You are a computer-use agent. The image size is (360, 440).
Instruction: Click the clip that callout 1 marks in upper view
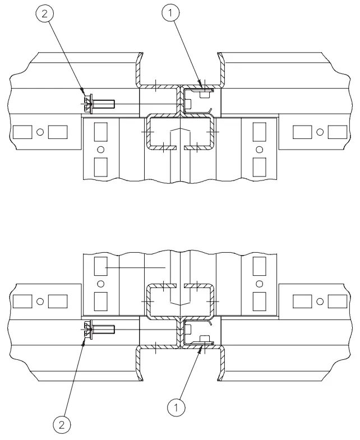199,95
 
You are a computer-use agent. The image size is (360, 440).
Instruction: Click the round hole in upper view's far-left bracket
40,132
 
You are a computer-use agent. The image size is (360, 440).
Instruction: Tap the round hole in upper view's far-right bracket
320,132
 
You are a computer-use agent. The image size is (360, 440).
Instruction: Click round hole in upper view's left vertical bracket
101,149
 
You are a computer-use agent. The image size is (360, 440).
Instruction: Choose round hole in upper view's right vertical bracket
259,149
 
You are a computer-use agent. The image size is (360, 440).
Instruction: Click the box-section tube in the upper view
179,133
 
